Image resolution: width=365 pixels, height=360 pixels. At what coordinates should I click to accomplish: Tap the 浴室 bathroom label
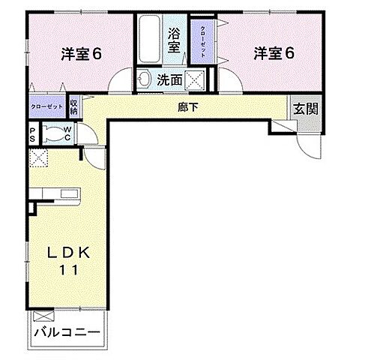click(x=175, y=40)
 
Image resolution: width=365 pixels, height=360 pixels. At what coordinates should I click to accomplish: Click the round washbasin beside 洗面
click(x=144, y=77)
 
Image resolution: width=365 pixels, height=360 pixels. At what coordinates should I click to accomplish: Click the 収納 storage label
click(x=74, y=106)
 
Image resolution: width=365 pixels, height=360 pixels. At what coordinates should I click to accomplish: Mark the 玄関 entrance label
click(x=305, y=108)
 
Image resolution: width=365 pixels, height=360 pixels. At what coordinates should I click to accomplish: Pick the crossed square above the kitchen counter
click(x=37, y=158)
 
